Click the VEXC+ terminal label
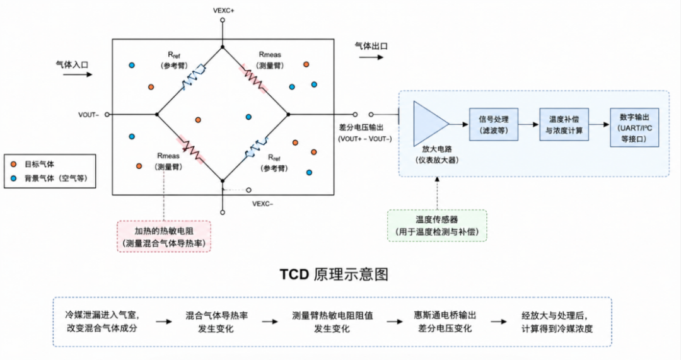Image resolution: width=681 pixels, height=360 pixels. [x=223, y=11]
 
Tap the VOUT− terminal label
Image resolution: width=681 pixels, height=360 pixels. [x=89, y=115]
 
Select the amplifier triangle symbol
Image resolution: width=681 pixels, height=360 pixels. [x=431, y=124]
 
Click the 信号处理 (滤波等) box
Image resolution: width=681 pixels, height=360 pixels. [x=493, y=124]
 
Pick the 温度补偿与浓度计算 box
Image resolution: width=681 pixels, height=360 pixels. [x=564, y=124]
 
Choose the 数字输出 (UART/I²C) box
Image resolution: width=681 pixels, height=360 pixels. [x=634, y=127]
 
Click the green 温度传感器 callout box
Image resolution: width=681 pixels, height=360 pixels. [x=437, y=226]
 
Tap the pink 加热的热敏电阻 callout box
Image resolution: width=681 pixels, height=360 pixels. [x=164, y=236]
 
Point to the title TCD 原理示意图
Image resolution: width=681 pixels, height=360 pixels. [x=334, y=274]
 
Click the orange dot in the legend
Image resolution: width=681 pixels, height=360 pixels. [x=14, y=164]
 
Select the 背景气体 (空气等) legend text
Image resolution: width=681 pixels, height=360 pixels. [x=55, y=178]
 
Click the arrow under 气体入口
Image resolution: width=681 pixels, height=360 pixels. [x=78, y=74]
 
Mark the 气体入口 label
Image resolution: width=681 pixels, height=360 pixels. [x=72, y=65]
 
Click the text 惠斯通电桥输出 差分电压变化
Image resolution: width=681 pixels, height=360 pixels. [x=445, y=322]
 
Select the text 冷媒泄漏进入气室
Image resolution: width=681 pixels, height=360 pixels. [x=102, y=315]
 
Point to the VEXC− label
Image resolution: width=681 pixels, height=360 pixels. [x=263, y=204]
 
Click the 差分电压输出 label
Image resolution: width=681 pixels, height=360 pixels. [x=361, y=128]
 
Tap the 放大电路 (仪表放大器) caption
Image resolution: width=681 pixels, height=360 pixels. [x=437, y=154]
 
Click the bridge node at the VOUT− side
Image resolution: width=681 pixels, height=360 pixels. [x=157, y=115]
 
